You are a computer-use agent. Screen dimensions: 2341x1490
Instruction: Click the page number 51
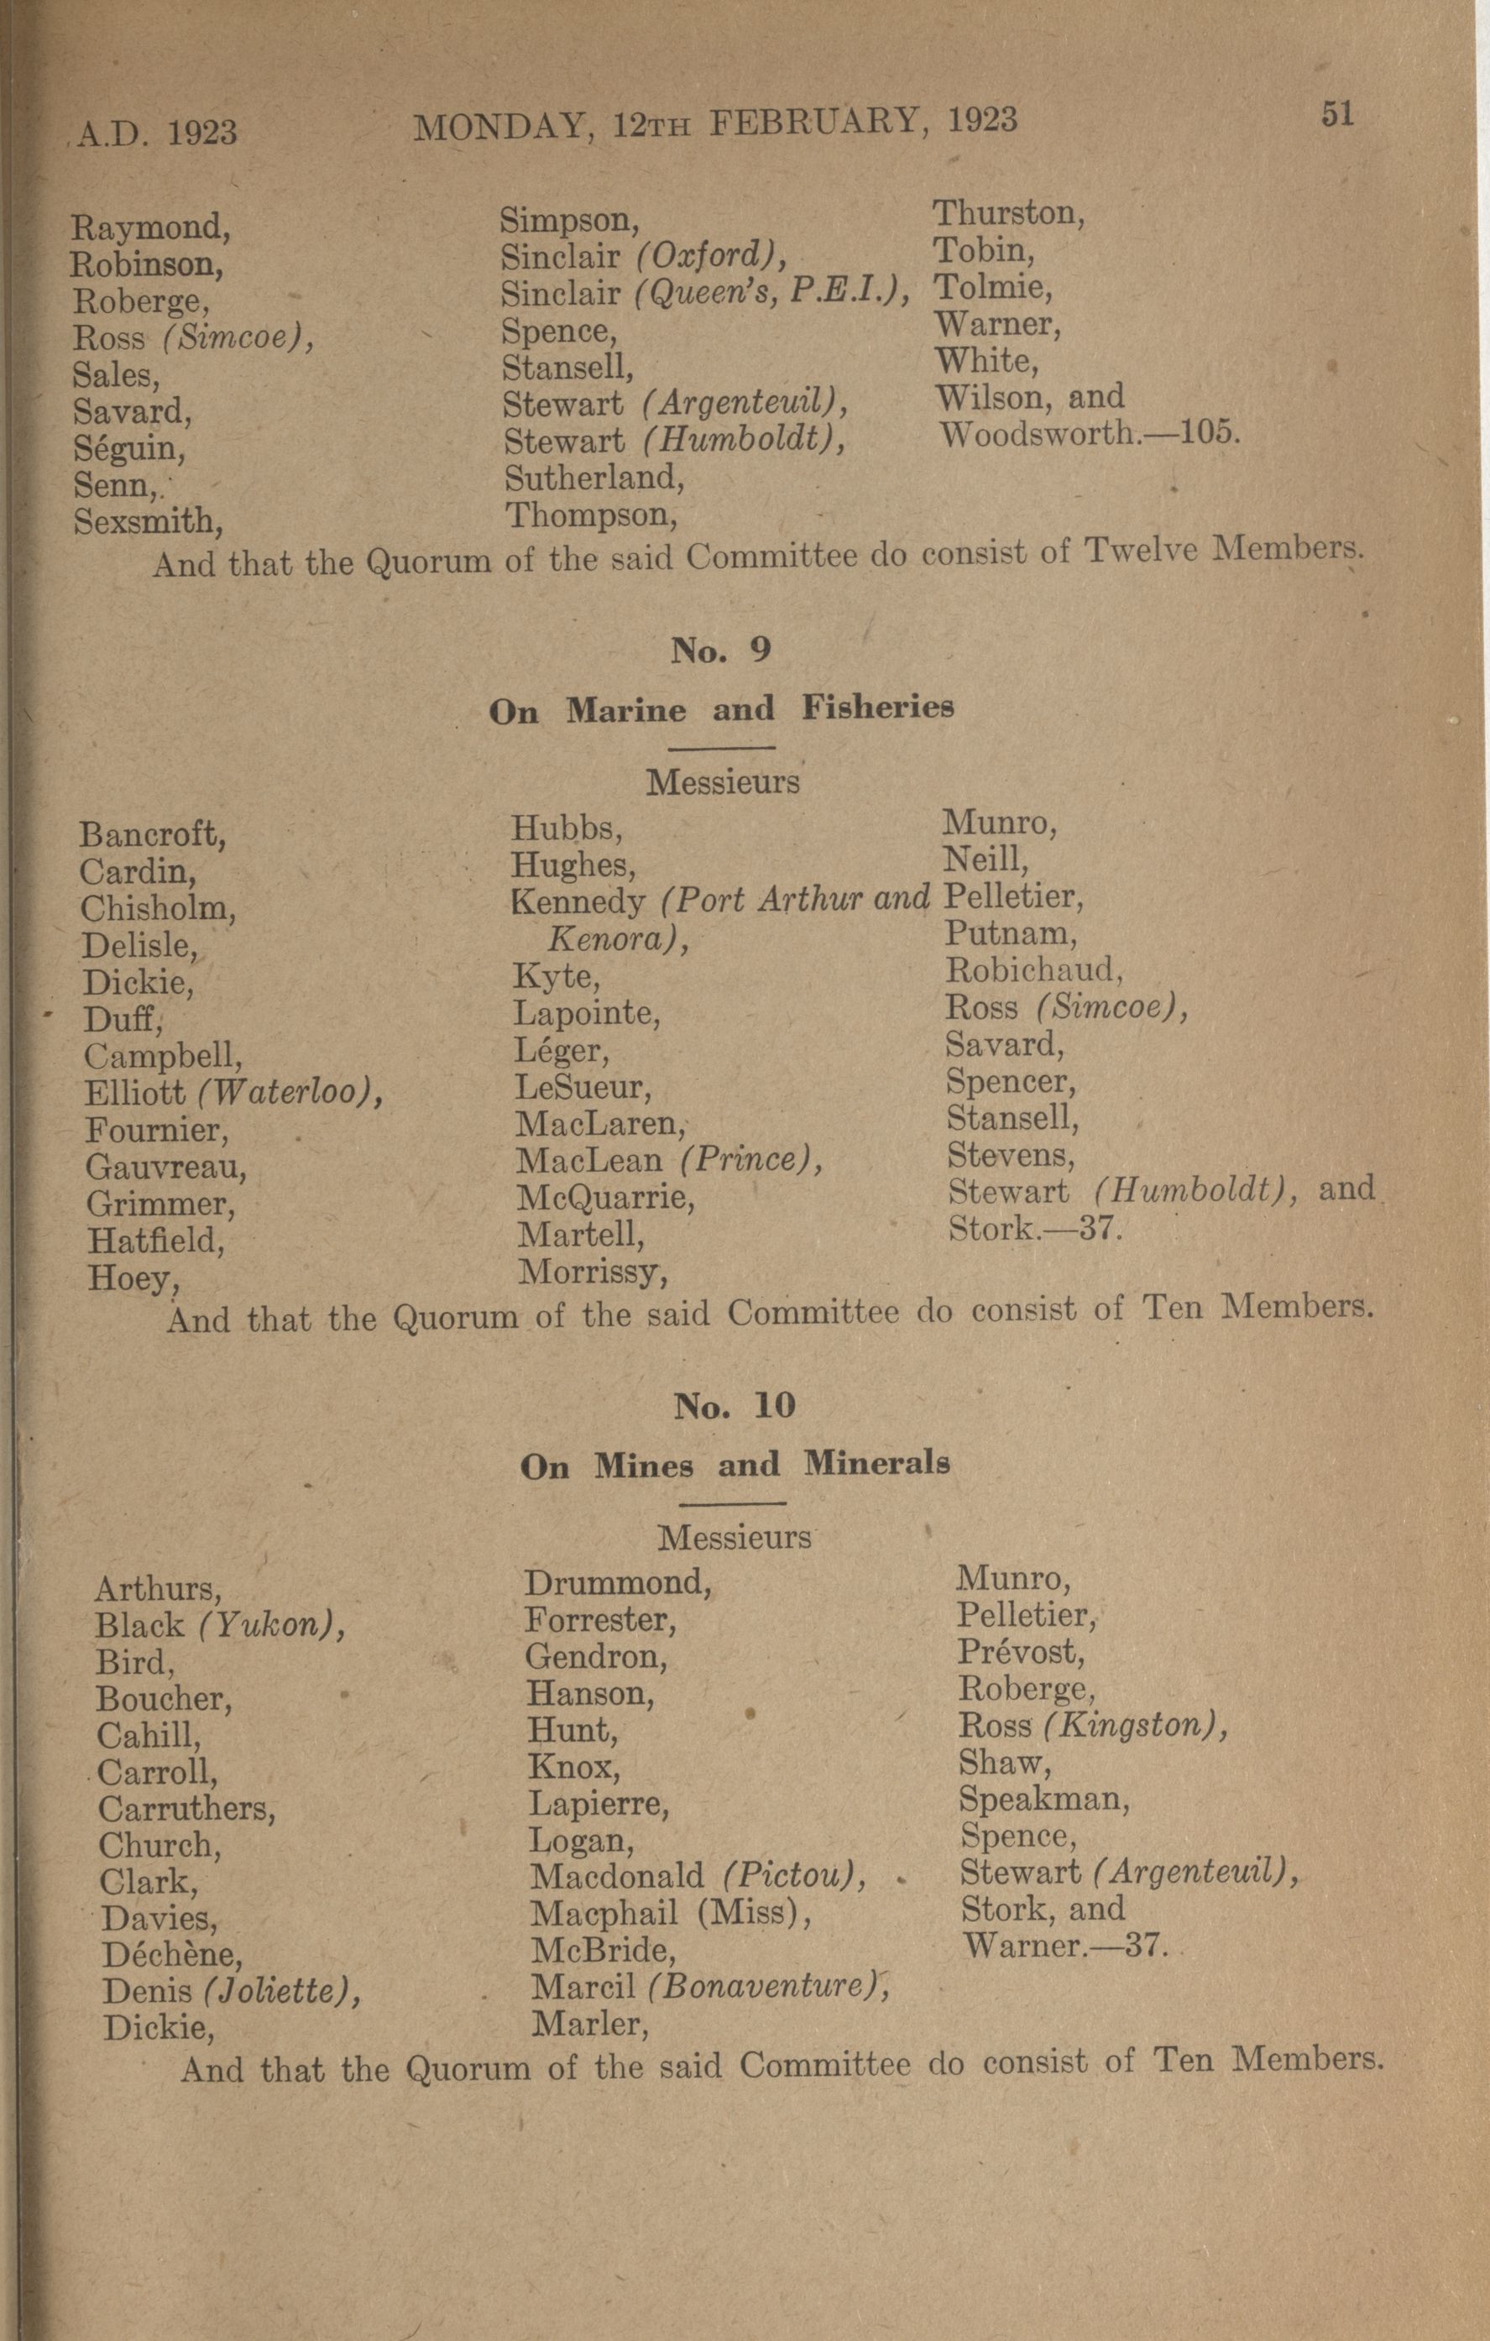pos(1337,114)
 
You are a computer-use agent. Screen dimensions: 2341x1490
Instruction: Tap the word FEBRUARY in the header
pos(814,122)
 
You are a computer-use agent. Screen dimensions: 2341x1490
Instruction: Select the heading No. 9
pos(720,650)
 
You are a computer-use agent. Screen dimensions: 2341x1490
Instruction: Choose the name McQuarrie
pos(605,1198)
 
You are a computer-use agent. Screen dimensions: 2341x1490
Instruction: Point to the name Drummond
pos(618,1584)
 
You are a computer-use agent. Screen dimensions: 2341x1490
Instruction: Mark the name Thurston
pos(1008,213)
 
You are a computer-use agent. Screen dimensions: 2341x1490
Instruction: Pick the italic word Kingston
pos(1132,1726)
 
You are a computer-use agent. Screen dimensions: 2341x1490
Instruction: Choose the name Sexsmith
pos(148,522)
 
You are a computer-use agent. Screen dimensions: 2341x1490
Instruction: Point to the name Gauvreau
pos(166,1167)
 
